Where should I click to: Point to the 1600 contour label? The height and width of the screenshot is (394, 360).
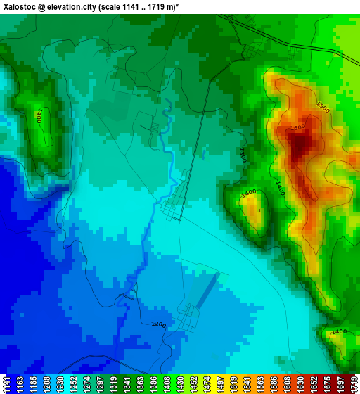click(297, 127)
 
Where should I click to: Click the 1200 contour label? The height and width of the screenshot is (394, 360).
click(158, 324)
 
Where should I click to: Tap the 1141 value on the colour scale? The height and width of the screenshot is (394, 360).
click(6, 384)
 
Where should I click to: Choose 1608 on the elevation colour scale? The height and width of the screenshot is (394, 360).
click(288, 384)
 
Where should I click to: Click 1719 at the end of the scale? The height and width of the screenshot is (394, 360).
click(353, 384)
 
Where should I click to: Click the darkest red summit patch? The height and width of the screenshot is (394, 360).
click(300, 144)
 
